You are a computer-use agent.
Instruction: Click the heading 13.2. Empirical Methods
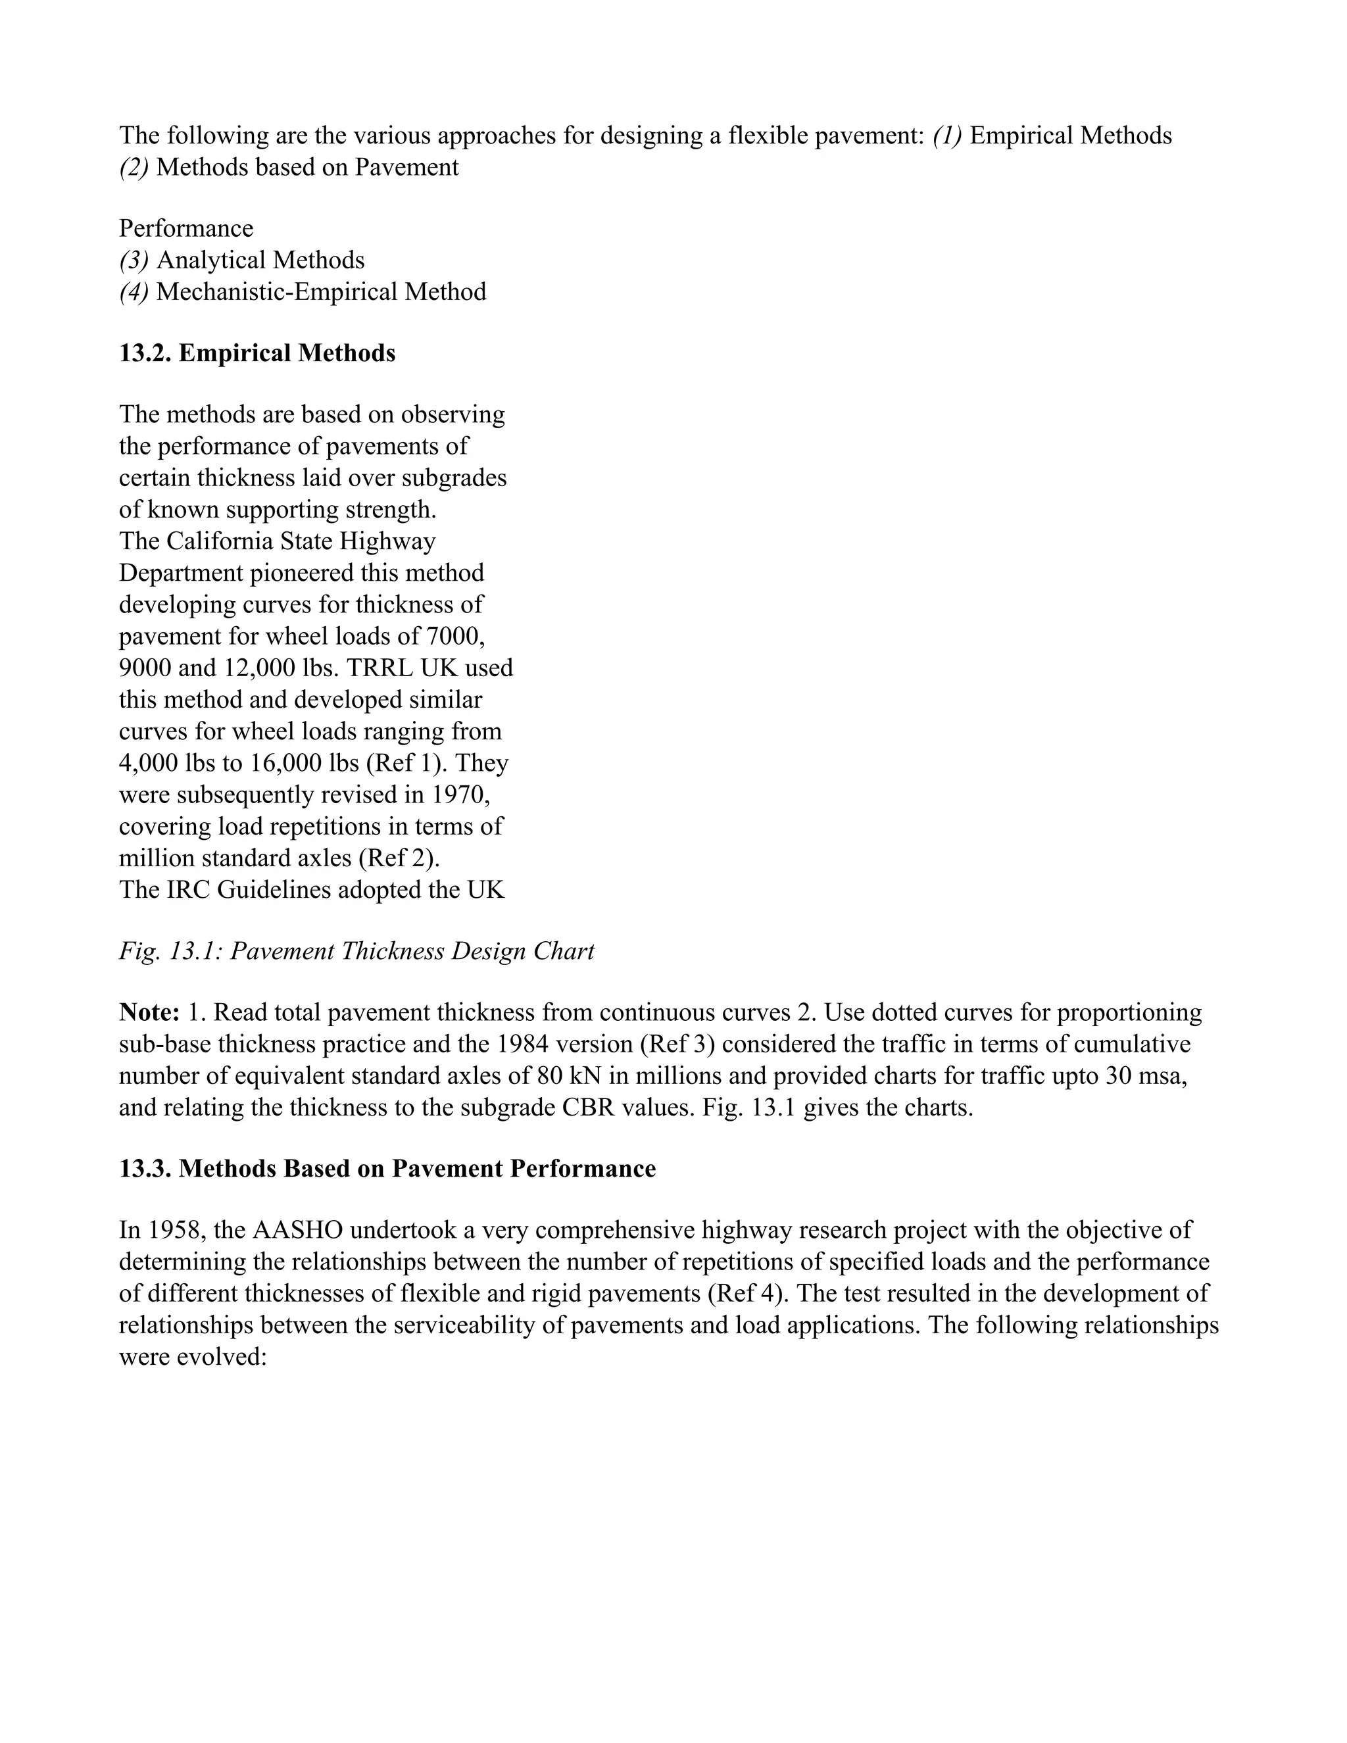(x=257, y=353)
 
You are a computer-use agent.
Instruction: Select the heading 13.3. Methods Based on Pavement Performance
(x=387, y=1168)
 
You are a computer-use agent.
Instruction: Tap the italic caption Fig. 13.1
(x=356, y=951)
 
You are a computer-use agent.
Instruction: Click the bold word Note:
(x=149, y=1013)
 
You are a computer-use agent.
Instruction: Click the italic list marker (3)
(x=134, y=260)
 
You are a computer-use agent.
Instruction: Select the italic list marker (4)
(x=134, y=292)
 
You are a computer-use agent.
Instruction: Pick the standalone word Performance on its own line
(x=186, y=229)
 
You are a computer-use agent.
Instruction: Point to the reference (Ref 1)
(x=408, y=763)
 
